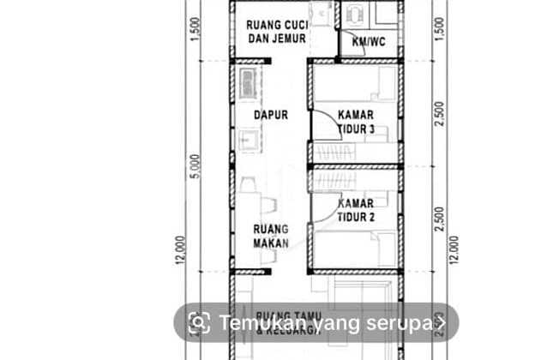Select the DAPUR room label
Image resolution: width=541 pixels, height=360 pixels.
270,114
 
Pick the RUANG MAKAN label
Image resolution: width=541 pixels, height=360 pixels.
270,235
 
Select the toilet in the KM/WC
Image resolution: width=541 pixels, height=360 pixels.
353,15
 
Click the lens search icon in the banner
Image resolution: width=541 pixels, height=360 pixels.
199,323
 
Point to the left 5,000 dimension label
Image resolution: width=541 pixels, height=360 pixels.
196,166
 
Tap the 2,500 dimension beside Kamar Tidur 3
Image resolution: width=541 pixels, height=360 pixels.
440,113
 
